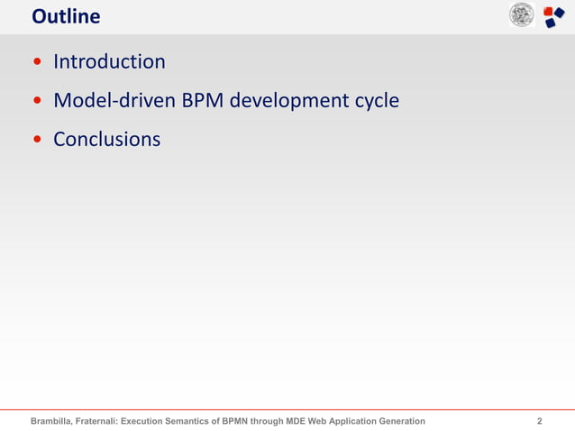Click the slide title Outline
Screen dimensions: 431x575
click(66, 16)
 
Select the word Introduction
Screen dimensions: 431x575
click(109, 62)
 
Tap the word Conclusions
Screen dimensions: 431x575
click(106, 140)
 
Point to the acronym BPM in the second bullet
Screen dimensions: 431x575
click(203, 101)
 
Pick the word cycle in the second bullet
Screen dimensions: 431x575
click(374, 101)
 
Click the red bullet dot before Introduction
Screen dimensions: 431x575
click(37, 63)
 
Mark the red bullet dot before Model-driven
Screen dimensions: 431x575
click(37, 102)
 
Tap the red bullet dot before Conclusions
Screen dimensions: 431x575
click(37, 141)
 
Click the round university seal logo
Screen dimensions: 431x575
click(521, 15)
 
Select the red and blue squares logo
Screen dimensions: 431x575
click(553, 16)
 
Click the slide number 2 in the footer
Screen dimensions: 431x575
click(539, 421)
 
